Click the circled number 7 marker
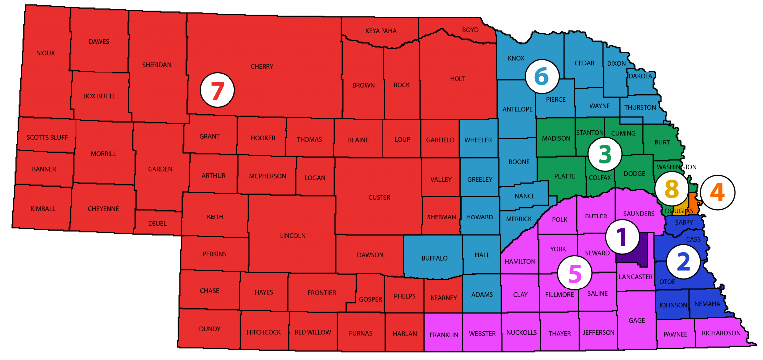217,91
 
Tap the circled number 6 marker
542,77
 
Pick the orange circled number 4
717,192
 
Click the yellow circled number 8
671,189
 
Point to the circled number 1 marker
621,237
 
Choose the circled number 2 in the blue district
683,261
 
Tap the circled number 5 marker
574,274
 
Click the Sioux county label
46,52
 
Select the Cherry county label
262,66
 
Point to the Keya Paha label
381,31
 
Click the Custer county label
379,197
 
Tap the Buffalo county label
434,258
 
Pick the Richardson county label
721,333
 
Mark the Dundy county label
209,329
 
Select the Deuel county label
157,223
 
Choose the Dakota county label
640,76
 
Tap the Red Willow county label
312,332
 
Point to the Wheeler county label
478,140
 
